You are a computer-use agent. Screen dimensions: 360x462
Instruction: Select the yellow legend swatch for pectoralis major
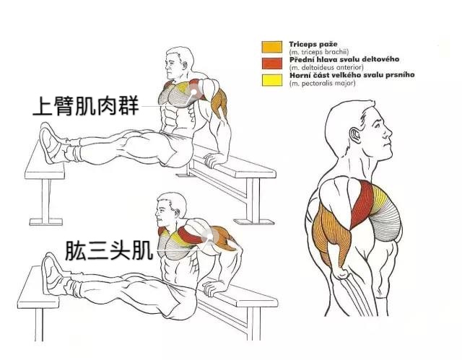pyautogui.click(x=271, y=79)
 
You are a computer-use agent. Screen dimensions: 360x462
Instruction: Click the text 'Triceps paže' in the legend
pyautogui.click(x=313, y=43)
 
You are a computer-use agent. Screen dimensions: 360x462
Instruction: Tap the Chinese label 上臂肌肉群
pyautogui.click(x=84, y=105)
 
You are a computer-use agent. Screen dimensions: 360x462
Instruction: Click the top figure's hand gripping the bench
pyautogui.click(x=212, y=157)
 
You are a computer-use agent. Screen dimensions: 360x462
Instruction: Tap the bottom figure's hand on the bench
pyautogui.click(x=210, y=288)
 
